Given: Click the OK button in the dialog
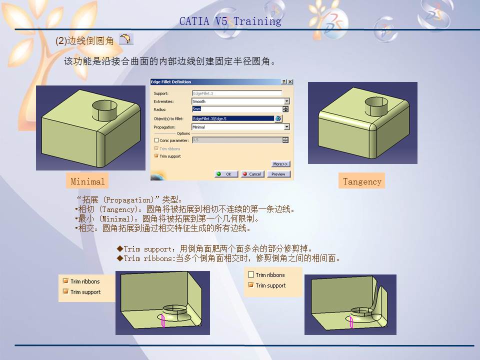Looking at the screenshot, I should (x=226, y=174).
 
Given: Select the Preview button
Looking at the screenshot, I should (x=278, y=174).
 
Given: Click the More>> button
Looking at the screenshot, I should (x=280, y=164).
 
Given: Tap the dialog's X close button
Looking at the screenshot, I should (x=290, y=81).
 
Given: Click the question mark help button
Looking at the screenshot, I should (x=284, y=81).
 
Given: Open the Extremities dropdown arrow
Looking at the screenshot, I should (x=286, y=101).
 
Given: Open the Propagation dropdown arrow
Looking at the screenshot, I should (x=286, y=127).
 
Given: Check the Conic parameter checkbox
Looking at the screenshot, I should (x=156, y=140).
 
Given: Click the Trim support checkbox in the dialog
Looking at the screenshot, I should (x=156, y=156).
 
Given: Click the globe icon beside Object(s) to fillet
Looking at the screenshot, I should (x=278, y=118).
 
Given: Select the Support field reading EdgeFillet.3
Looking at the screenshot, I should (x=236, y=93).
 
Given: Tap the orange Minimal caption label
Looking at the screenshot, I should (x=87, y=181).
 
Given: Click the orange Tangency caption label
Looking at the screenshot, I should (x=362, y=181).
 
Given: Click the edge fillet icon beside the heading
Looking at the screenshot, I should (x=126, y=39).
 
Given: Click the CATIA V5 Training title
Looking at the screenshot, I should (x=230, y=21).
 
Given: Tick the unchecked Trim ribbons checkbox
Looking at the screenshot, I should (x=251, y=275).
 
